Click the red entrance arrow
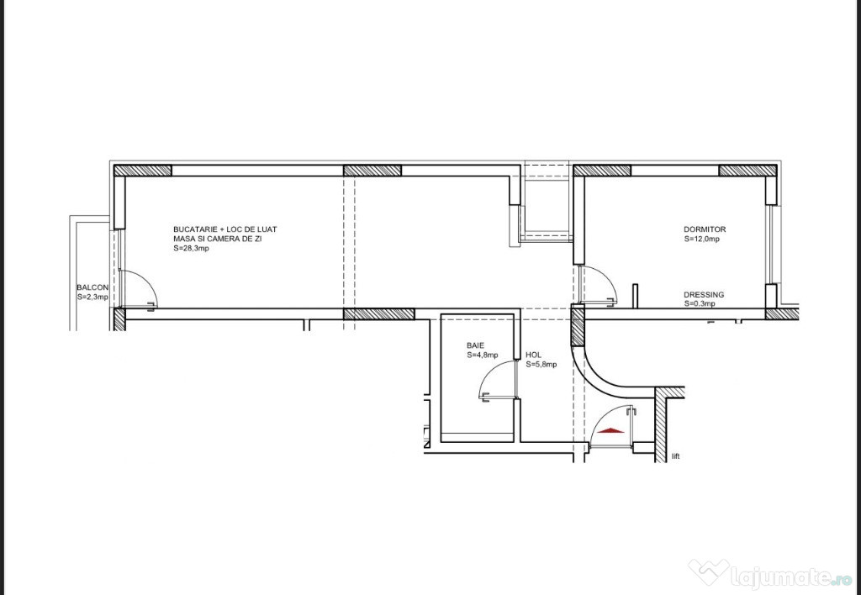pyautogui.click(x=611, y=431)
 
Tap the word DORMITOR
pyautogui.click(x=705, y=229)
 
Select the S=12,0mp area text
pyautogui.click(x=702, y=240)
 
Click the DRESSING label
pyautogui.click(x=704, y=295)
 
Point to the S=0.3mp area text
pyautogui.click(x=700, y=303)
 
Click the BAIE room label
pyautogui.click(x=476, y=345)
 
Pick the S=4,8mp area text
pyautogui.click(x=483, y=355)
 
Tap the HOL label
pyautogui.click(x=533, y=355)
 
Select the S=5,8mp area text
pyautogui.click(x=541, y=365)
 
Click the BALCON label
pyautogui.click(x=92, y=287)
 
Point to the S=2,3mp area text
pyautogui.click(x=92, y=297)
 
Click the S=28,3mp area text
pyautogui.click(x=191, y=248)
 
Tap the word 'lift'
pyautogui.click(x=675, y=456)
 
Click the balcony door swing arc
pyautogui.click(x=146, y=281)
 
